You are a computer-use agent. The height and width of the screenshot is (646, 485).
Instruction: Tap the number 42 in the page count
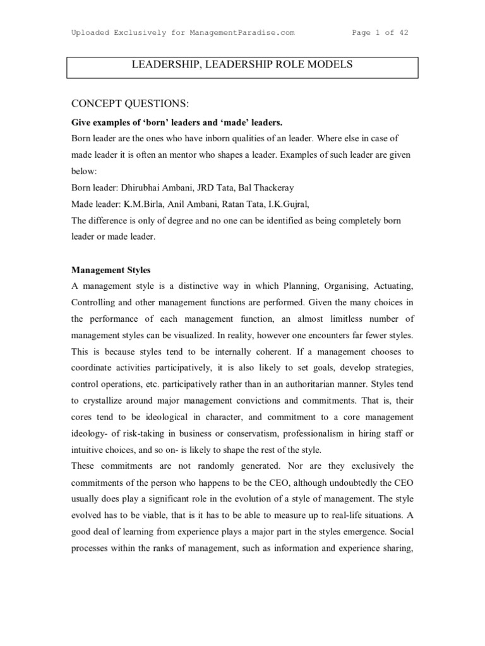click(402, 33)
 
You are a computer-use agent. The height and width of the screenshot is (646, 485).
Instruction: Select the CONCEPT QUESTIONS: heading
click(129, 103)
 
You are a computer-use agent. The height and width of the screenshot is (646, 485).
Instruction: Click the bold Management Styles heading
click(111, 270)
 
